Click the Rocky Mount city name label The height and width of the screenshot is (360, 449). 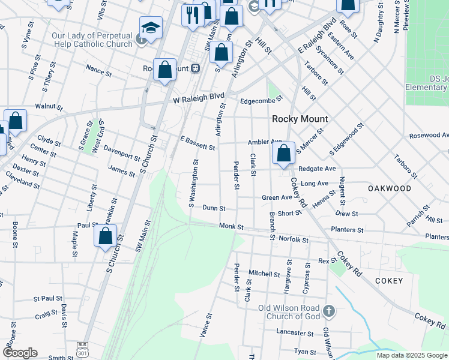298,119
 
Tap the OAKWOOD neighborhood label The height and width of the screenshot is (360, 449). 390,188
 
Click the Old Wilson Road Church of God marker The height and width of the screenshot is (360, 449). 329,311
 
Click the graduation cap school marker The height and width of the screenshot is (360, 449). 150,27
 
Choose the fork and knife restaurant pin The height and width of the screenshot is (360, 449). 193,16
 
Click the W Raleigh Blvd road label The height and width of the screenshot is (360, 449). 199,97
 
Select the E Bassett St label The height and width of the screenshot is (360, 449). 197,146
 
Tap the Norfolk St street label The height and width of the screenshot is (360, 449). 294,239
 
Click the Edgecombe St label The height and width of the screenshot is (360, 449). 261,101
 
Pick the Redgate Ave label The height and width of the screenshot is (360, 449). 317,169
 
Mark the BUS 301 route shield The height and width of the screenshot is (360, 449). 82,348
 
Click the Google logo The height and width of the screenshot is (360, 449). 20,353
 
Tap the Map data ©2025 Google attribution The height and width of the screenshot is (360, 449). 412,355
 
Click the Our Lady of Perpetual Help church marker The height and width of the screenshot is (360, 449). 142,40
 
